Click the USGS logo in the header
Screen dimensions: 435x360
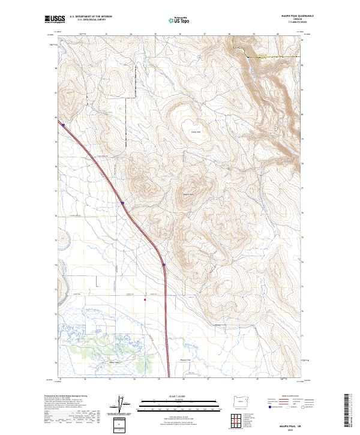click(x=55, y=19)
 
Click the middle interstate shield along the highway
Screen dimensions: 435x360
click(x=122, y=203)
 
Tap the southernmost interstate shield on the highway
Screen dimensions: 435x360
click(x=164, y=265)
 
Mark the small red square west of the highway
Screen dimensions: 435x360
click(x=145, y=299)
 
